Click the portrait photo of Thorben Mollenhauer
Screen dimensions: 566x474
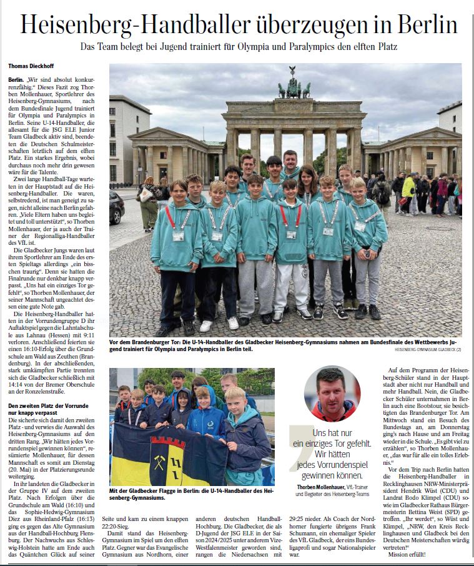tap(332, 393)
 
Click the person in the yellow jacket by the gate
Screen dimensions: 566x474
tap(409, 188)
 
